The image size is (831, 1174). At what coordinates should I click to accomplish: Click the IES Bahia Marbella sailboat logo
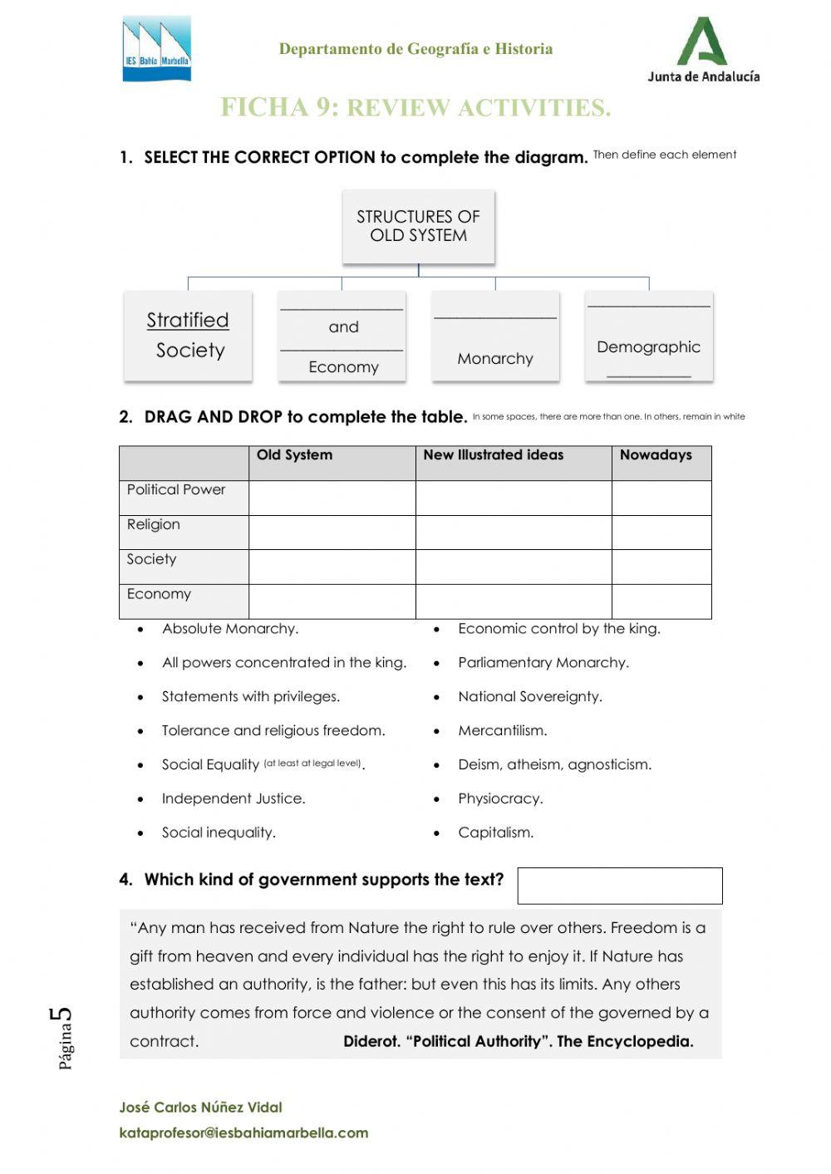coord(157,49)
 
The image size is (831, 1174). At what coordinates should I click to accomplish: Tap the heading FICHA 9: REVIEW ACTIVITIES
coord(415,108)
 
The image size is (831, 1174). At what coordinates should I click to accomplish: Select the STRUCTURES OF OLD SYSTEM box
coord(418,226)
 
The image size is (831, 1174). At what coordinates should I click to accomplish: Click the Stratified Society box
coord(188,336)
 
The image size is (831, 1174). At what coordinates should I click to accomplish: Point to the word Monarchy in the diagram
coord(495,358)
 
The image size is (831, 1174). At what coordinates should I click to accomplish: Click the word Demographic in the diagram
coord(648,346)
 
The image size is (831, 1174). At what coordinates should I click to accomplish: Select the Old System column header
coord(295,455)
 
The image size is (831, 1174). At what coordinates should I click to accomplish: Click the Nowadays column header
coord(656,455)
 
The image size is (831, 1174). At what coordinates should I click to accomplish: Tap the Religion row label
coord(154,524)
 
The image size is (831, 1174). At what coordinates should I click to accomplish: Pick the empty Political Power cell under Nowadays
coord(661,498)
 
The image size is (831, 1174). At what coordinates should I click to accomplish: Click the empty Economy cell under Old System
coord(332,602)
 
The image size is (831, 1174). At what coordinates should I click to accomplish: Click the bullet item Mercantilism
coord(502,731)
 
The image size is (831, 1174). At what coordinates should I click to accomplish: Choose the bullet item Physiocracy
coord(500,798)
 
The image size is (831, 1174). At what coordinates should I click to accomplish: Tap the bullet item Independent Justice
coord(234,798)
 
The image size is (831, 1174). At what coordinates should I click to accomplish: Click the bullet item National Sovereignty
coord(530,697)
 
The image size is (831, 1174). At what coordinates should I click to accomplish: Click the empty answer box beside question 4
coord(619,886)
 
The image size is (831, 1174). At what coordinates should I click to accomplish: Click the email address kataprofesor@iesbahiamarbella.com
coord(243,1132)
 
